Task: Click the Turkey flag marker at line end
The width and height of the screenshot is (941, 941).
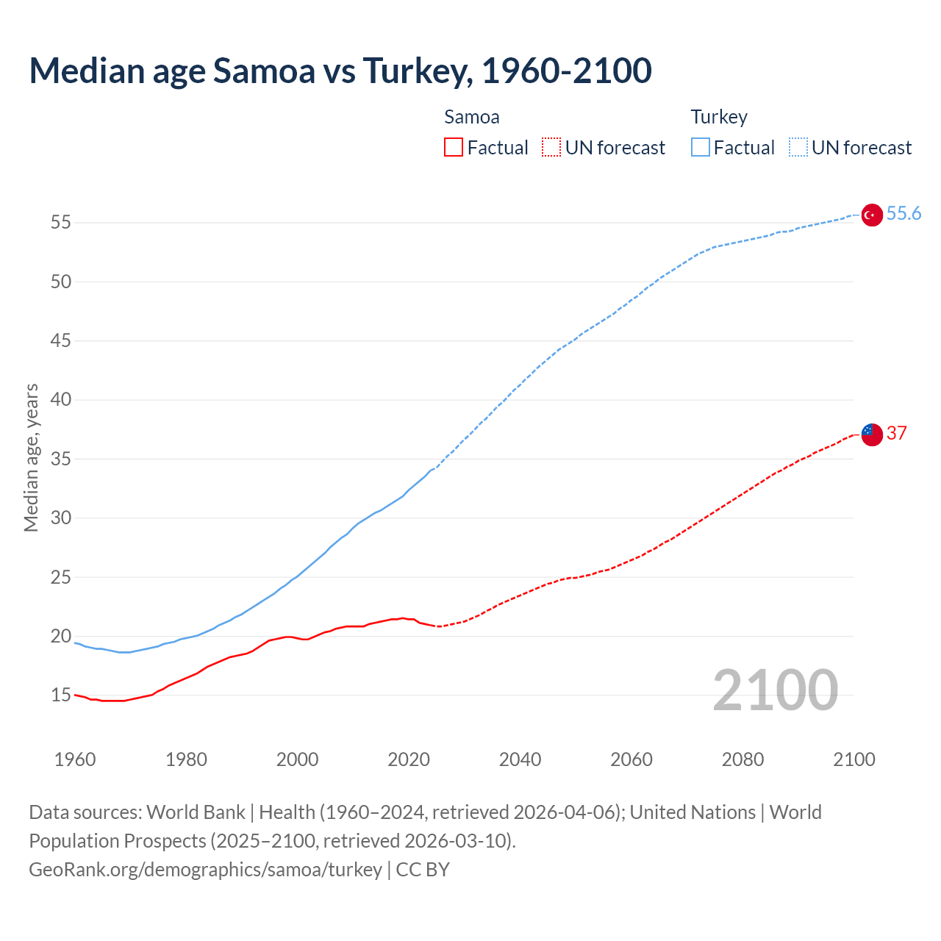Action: pos(871,215)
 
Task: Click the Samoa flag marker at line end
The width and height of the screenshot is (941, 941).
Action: pos(871,434)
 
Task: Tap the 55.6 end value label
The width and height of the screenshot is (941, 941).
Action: pos(904,214)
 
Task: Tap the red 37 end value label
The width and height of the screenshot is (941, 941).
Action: pos(896,433)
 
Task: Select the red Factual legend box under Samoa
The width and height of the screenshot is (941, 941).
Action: pos(454,148)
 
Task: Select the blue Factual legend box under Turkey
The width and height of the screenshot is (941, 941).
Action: pos(700,148)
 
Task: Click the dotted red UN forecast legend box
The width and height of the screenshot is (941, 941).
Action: pos(551,148)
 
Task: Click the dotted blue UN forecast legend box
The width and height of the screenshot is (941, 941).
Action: pos(798,148)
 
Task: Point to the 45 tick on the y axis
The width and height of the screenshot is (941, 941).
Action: pos(61,341)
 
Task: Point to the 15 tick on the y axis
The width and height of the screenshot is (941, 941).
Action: pos(61,695)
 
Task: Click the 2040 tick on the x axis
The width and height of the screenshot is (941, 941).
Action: pos(520,759)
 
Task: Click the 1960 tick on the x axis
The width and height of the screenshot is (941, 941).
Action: pos(75,759)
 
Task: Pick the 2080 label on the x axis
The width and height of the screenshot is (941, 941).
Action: pos(743,759)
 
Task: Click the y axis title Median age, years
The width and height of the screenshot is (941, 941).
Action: pos(31,457)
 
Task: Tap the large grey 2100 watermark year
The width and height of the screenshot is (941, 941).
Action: pos(775,690)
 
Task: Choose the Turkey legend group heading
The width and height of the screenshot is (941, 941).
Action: pos(719,117)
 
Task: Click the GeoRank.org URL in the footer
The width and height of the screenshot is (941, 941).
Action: pos(205,870)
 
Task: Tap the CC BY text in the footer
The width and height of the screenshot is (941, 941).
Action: pos(423,870)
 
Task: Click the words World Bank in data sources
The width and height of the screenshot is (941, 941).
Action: pos(196,812)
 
